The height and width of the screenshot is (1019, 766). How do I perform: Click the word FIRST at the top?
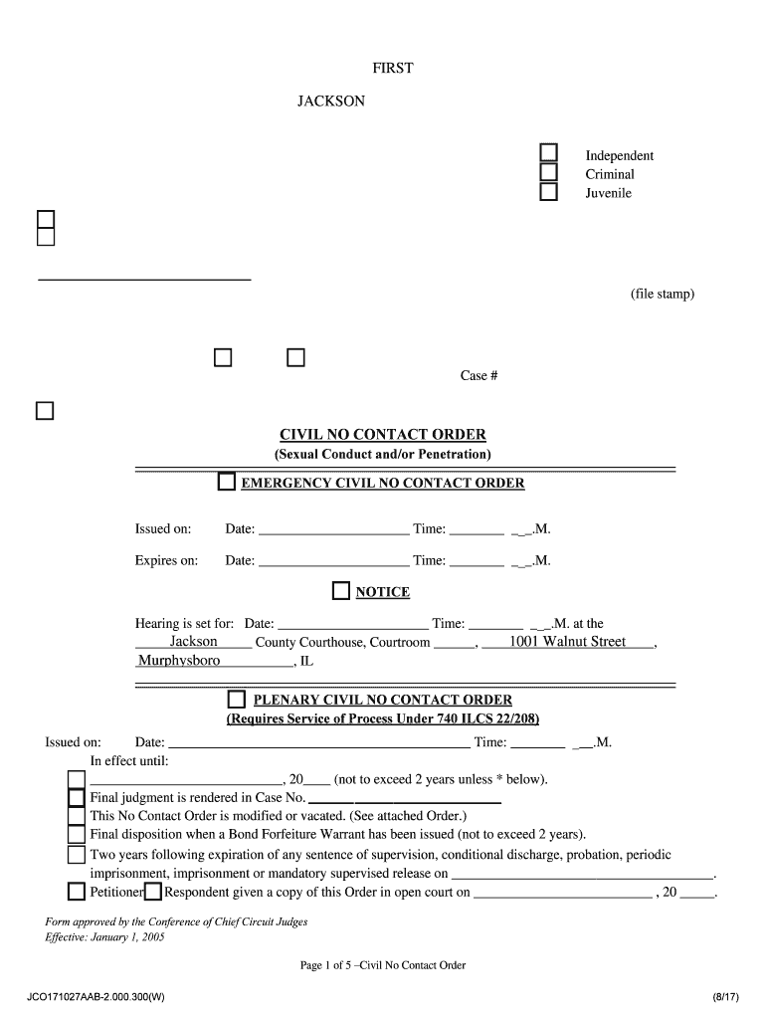392,69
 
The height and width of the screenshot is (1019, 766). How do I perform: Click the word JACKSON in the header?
331,102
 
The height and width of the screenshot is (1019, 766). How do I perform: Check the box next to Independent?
548,153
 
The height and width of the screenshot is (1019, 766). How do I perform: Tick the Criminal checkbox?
548,172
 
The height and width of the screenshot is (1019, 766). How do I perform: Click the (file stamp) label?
662,295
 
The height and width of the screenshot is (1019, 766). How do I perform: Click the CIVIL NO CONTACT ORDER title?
382,435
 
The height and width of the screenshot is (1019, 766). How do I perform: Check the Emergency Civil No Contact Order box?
227,484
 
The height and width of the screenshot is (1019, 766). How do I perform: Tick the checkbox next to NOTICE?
341,592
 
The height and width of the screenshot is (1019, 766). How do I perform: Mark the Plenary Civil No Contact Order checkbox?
237,700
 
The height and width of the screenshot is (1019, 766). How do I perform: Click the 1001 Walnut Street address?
567,642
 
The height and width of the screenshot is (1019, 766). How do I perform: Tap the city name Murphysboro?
179,661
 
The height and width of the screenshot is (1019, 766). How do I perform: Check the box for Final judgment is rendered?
77,798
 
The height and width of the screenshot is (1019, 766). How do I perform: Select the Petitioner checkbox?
77,892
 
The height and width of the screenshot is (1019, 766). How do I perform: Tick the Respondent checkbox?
153,892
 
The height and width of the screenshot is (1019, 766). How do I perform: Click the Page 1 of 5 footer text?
382,965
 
